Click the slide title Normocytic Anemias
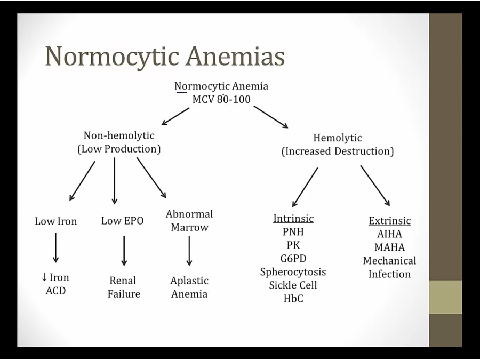[165, 57]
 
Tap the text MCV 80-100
[221, 99]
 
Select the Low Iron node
[56, 221]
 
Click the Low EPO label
[122, 220]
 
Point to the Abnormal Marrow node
[189, 220]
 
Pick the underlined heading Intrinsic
[293, 219]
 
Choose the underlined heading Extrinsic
[390, 221]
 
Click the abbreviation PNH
[293, 232]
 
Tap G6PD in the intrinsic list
[293, 259]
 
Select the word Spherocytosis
[293, 272]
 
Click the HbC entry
[293, 299]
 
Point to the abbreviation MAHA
[390, 247]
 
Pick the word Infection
[390, 274]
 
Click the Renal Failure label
[123, 287]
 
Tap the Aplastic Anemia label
[189, 287]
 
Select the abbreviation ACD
[56, 291]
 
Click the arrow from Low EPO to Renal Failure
[124, 251]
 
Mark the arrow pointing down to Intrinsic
[305, 187]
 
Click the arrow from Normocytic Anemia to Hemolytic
[270, 117]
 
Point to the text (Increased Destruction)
[338, 151]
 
